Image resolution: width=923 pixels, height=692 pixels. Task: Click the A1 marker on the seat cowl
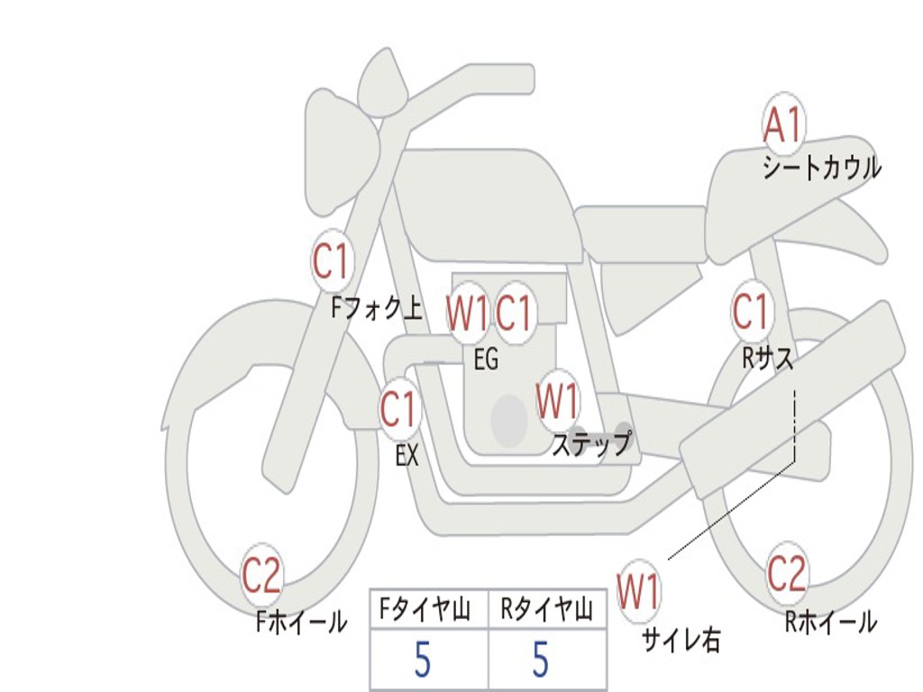(782, 127)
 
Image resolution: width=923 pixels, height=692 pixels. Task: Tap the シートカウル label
(821, 168)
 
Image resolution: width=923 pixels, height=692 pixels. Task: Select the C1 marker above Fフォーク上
(330, 262)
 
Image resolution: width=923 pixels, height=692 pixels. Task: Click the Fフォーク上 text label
(376, 310)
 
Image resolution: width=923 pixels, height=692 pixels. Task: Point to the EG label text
(486, 360)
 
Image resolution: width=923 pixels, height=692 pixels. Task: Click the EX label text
(407, 456)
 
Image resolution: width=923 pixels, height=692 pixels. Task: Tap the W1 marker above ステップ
(557, 400)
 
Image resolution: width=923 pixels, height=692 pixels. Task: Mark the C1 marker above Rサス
(750, 312)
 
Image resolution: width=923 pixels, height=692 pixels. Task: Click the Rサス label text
(767, 359)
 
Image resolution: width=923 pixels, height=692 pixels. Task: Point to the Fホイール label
(301, 622)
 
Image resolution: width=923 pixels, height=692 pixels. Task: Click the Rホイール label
(830, 622)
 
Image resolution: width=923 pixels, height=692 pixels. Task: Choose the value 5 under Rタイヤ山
(540, 660)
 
